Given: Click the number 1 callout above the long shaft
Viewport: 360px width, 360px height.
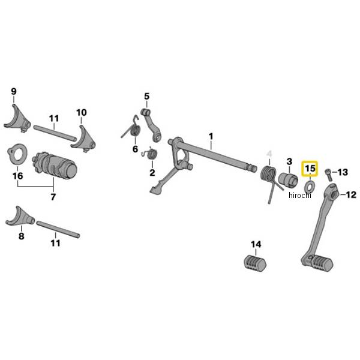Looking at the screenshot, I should [211, 137].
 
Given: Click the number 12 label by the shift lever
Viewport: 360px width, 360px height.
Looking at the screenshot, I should [351, 194].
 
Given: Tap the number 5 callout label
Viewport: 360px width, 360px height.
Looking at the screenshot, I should [146, 96].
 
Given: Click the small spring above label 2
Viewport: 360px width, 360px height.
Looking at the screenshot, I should [151, 155].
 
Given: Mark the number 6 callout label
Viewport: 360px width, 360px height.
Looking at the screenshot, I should [135, 149].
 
